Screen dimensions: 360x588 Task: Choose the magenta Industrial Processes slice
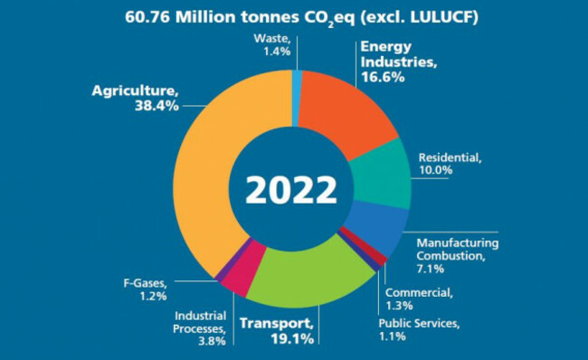pyautogui.click(x=236, y=276)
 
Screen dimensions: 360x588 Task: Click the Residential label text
pyautogui.click(x=450, y=157)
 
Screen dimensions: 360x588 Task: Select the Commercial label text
pyautogui.click(x=417, y=292)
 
